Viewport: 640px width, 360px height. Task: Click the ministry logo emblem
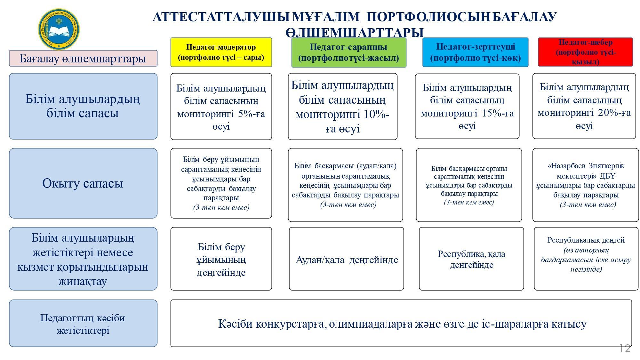[x=59, y=29]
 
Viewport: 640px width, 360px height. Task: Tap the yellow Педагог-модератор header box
[x=221, y=52]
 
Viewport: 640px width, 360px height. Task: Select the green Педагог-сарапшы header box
[x=349, y=52]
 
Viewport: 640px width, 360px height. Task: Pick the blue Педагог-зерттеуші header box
[x=476, y=52]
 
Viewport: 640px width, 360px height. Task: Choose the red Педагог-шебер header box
[x=586, y=52]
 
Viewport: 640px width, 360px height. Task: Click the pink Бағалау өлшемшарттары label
[x=83, y=58]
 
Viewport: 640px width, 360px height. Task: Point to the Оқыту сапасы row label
[x=83, y=183]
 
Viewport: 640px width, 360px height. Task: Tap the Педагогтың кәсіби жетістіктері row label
[x=83, y=323]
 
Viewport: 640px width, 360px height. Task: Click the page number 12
[x=625, y=348]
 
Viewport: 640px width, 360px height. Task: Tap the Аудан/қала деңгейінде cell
[x=347, y=259]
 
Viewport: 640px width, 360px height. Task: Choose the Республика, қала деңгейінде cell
[x=471, y=259]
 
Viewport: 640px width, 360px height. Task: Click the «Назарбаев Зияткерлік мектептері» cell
[x=586, y=185]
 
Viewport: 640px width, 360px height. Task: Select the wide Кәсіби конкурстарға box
[x=401, y=323]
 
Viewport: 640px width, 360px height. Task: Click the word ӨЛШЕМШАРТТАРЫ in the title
[x=355, y=33]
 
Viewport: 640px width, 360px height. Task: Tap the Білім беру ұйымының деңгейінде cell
[x=221, y=259]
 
